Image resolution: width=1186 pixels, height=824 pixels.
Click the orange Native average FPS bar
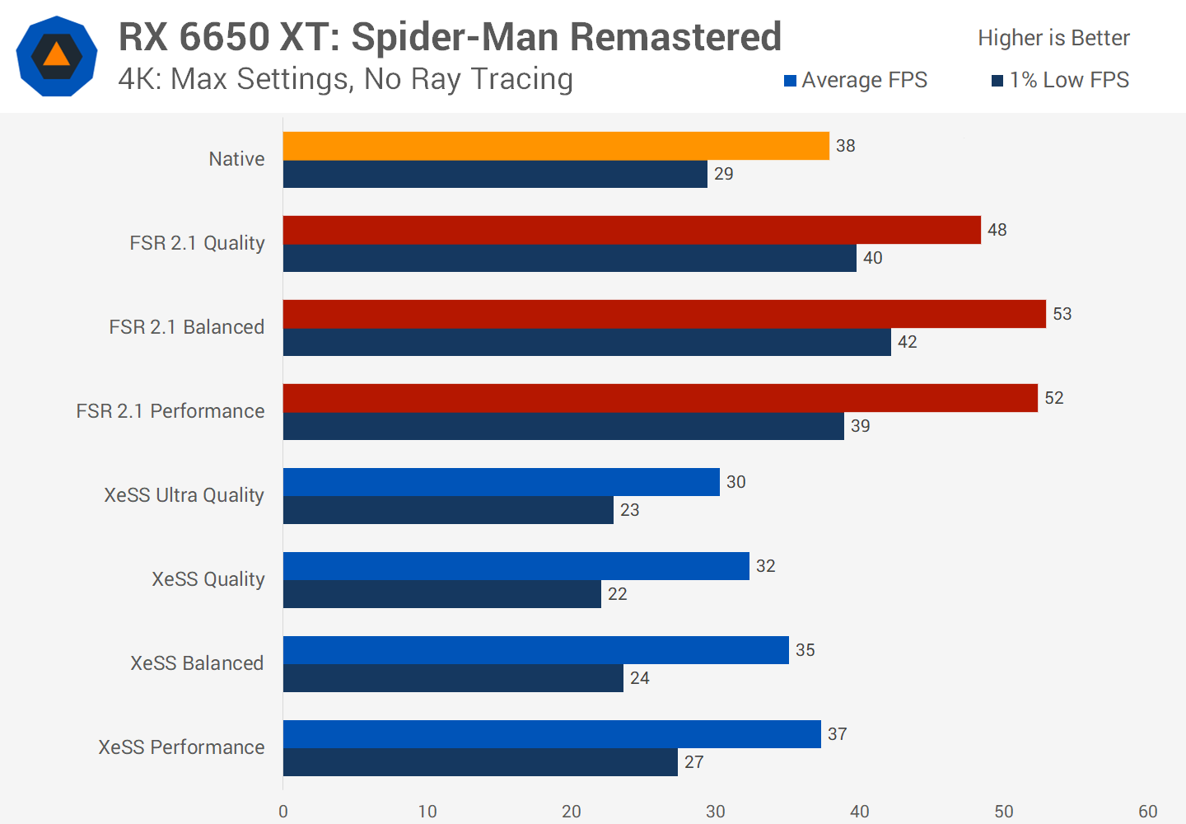556,146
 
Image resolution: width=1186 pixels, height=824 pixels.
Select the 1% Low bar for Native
495,174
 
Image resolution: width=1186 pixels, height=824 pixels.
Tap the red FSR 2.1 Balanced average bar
664,314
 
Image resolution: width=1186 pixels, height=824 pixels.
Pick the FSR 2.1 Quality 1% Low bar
569,258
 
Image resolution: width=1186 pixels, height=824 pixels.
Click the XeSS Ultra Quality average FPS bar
501,482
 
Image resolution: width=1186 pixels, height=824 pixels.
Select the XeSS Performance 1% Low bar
480,762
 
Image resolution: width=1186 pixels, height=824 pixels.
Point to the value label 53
1062,314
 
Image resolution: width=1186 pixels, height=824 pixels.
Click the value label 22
617,594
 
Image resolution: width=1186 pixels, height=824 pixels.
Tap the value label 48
997,230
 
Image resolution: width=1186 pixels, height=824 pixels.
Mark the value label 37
837,734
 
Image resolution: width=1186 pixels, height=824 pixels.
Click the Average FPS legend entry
856,80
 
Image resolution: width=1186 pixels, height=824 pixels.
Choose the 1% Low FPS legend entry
1061,80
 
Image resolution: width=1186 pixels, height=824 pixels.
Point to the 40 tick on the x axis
860,812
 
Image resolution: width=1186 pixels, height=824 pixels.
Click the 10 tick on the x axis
427,812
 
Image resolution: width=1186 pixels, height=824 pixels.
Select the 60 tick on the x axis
1147,812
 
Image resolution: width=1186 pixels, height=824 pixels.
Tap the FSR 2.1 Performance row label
170,411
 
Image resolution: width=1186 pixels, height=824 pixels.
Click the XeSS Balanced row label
197,663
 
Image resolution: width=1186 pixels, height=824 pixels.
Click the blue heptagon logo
56,56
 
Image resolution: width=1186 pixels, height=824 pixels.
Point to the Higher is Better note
1053,38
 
